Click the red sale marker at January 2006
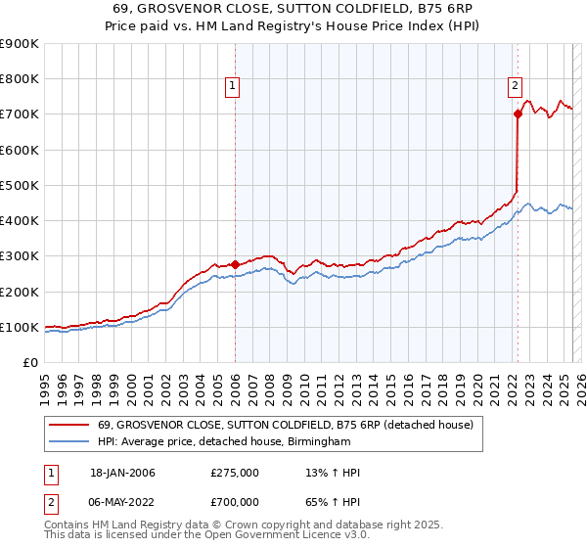pos(235,264)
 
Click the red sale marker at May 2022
pos(518,114)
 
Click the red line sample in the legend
pos(68,425)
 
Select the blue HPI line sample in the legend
pos(68,442)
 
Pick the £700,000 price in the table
pos(235,502)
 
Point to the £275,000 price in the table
pos(235,474)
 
